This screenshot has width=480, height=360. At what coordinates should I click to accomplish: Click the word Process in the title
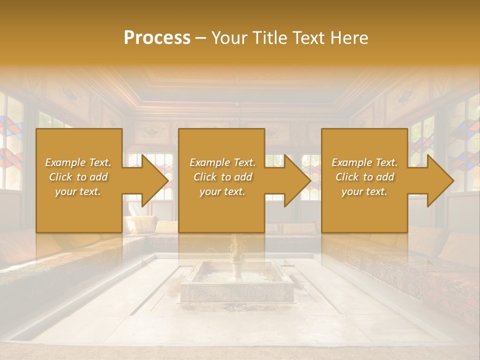click(x=157, y=37)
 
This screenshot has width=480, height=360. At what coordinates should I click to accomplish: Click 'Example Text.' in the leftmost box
click(x=78, y=162)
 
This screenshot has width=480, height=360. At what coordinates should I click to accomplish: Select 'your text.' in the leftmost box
click(x=78, y=191)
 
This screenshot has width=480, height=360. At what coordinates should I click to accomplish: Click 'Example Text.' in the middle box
click(x=222, y=162)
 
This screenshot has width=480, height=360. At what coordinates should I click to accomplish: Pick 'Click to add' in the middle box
click(x=222, y=177)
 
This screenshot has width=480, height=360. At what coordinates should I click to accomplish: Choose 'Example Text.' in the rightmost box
click(x=364, y=162)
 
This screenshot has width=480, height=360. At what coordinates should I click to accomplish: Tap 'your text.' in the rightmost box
click(x=364, y=191)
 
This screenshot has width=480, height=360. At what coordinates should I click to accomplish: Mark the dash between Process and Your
click(x=201, y=38)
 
